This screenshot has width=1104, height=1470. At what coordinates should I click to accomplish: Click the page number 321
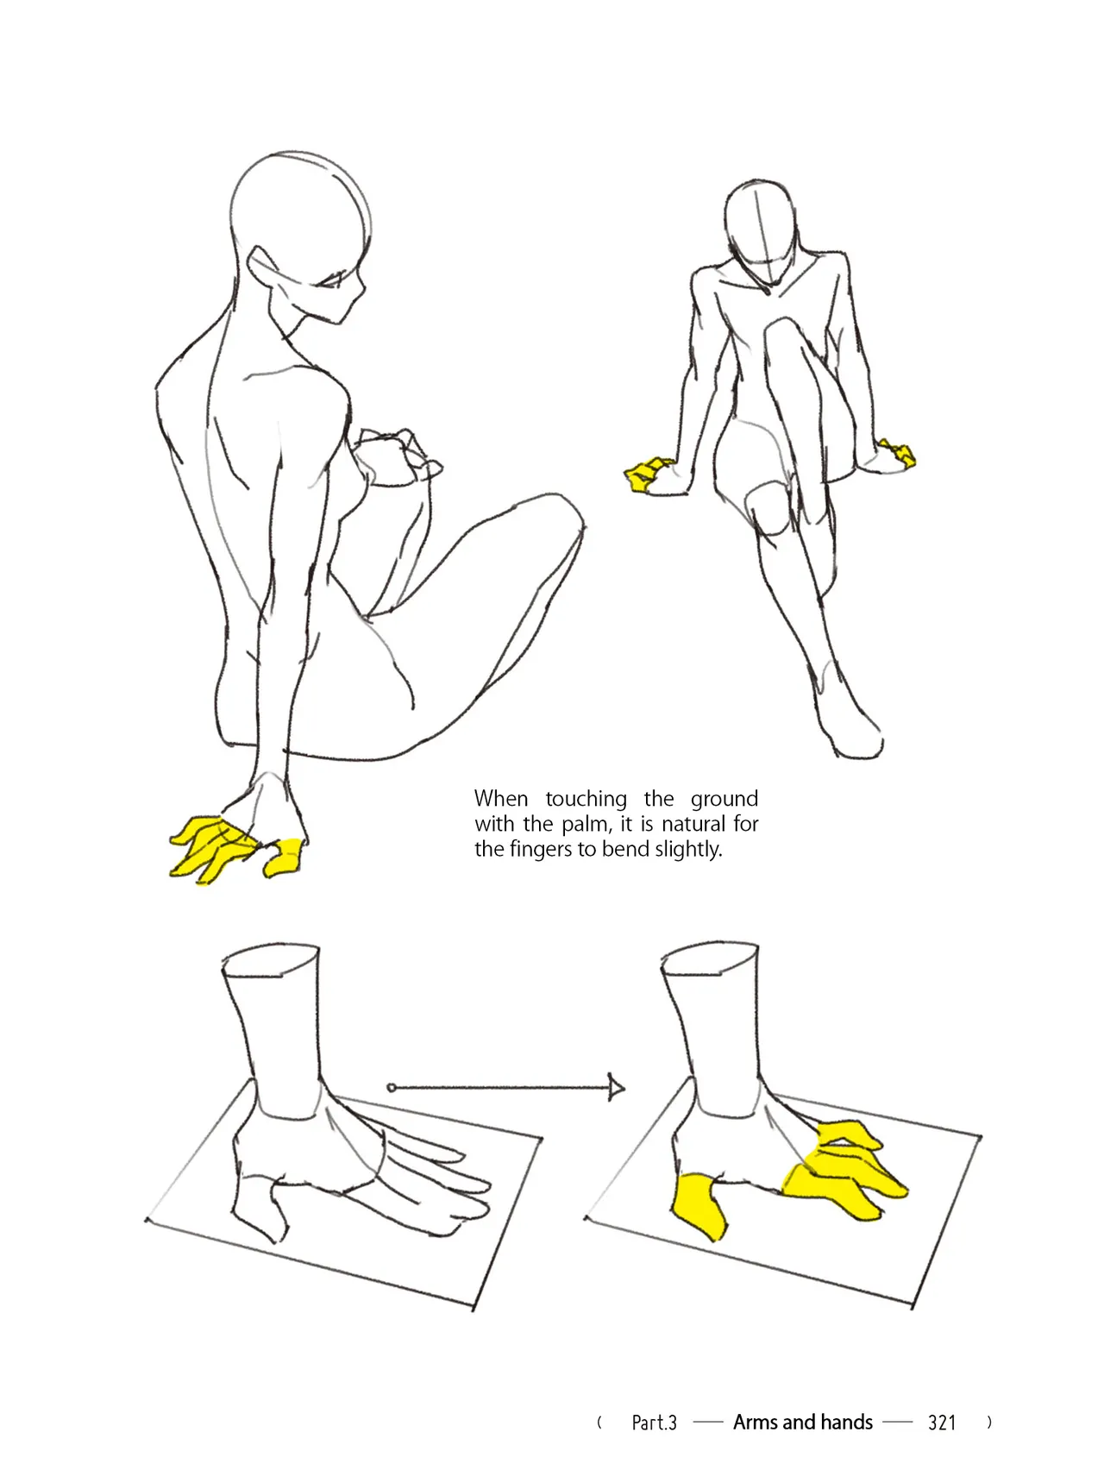942,1423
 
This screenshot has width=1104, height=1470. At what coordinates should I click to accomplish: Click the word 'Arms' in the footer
754,1422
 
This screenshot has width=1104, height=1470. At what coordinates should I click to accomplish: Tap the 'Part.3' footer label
654,1423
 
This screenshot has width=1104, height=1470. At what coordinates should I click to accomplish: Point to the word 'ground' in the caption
724,800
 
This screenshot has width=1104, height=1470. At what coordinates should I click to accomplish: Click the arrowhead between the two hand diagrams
616,1087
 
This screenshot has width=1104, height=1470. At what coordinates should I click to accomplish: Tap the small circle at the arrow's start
392,1088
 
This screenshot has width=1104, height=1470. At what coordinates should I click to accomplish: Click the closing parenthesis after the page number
989,1422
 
